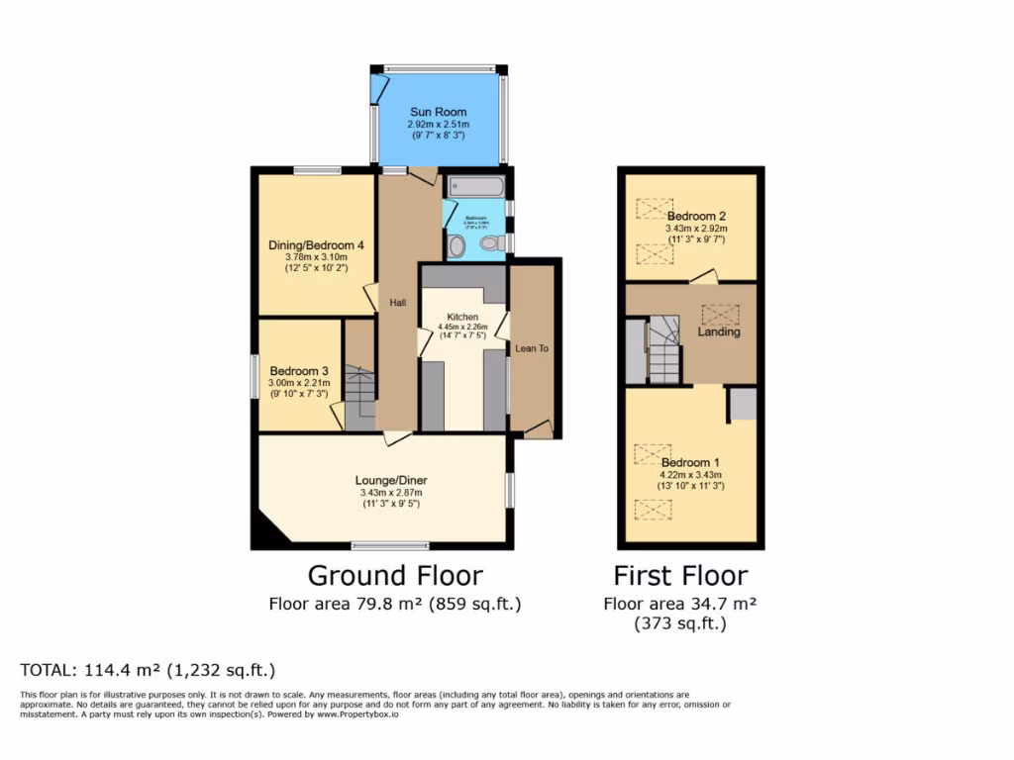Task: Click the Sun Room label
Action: coord(439,112)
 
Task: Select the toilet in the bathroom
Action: coord(488,243)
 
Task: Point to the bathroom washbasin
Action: coord(456,245)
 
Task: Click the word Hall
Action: coord(397,302)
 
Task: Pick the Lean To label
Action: coord(531,348)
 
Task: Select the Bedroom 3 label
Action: coord(298,371)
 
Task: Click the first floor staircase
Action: coord(663,351)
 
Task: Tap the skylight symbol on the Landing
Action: coord(720,315)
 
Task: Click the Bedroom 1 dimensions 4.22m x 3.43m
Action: coord(686,474)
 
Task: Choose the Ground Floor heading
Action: coord(395,576)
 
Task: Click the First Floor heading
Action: coord(680,576)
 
